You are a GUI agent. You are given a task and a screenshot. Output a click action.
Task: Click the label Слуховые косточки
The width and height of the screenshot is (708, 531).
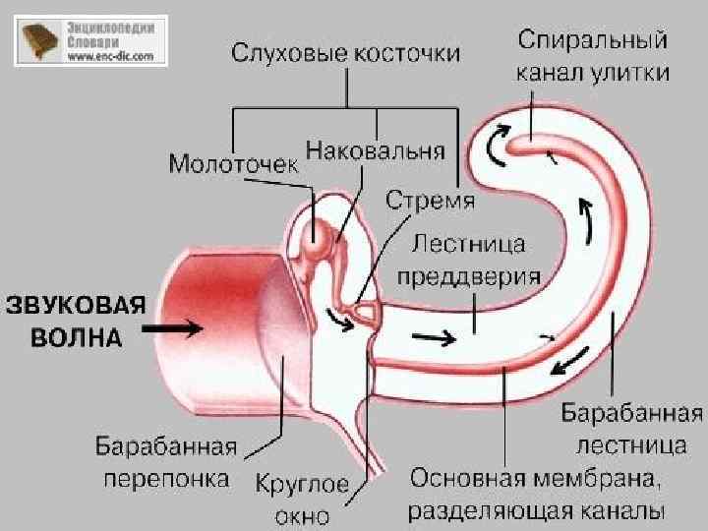(345, 53)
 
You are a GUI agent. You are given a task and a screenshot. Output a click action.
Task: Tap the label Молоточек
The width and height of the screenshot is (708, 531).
(232, 162)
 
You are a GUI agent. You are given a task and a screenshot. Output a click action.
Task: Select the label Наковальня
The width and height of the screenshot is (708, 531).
(375, 151)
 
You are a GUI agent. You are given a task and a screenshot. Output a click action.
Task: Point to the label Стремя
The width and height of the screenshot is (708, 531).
(430, 202)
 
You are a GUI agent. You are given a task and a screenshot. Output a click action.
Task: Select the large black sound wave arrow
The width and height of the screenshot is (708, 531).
(179, 328)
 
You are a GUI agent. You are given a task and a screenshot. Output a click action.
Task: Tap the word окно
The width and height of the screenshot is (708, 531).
(304, 515)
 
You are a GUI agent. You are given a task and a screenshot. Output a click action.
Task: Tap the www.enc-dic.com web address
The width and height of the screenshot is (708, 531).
(111, 57)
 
